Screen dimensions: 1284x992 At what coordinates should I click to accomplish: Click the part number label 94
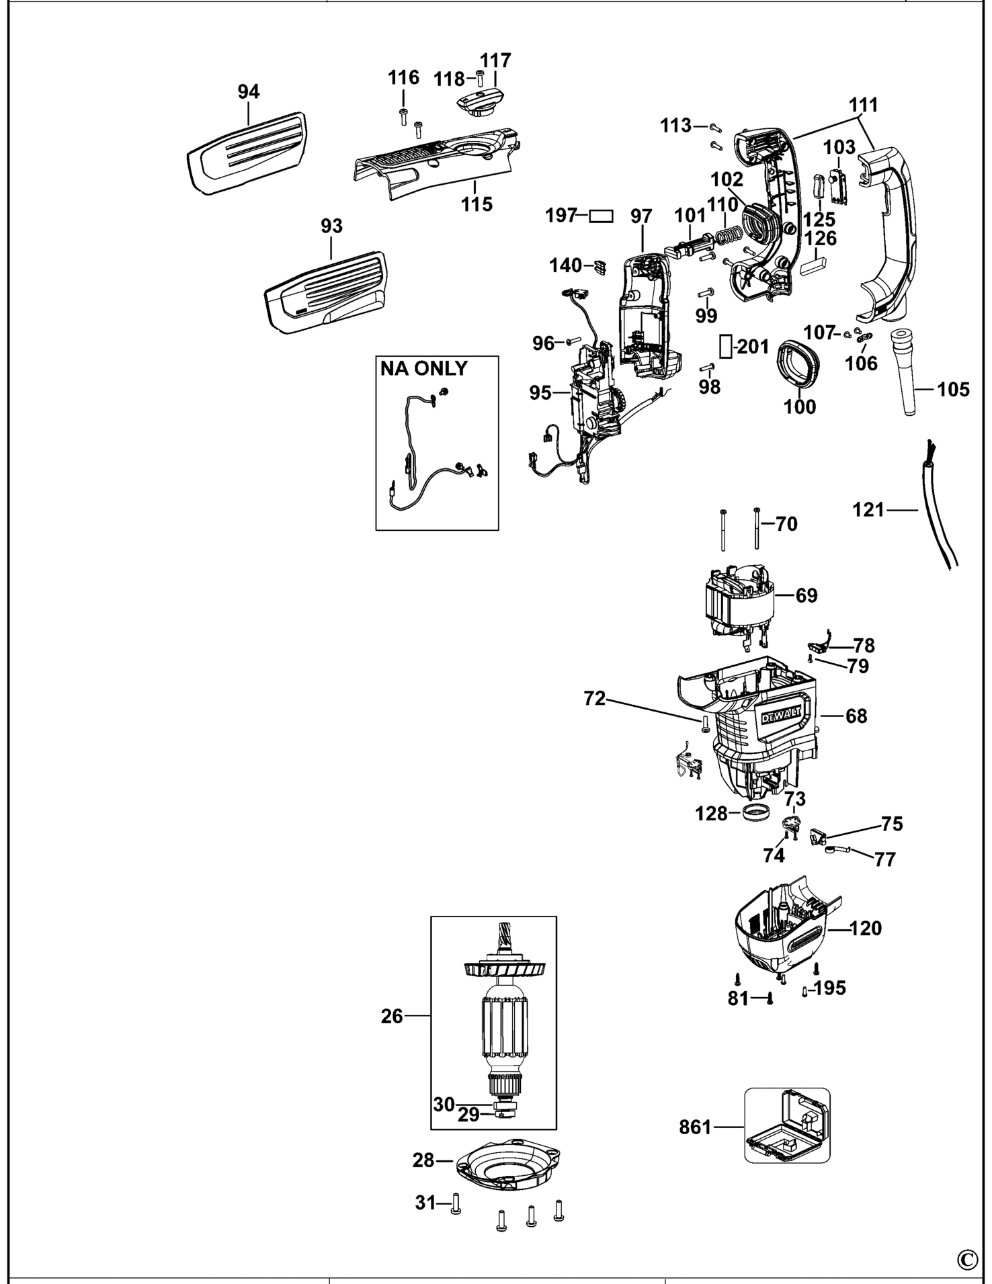[249, 91]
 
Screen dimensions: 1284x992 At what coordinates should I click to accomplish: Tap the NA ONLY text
[423, 369]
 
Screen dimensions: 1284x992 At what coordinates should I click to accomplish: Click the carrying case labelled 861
[787, 1125]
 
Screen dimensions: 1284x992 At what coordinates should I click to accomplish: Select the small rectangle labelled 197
[601, 216]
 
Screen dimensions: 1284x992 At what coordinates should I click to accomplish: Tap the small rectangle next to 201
[725, 347]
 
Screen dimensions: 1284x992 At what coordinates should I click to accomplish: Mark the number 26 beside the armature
[392, 1016]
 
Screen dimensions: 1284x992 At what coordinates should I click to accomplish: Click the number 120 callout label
[866, 928]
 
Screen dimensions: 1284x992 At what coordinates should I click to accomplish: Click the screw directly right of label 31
[455, 1203]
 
